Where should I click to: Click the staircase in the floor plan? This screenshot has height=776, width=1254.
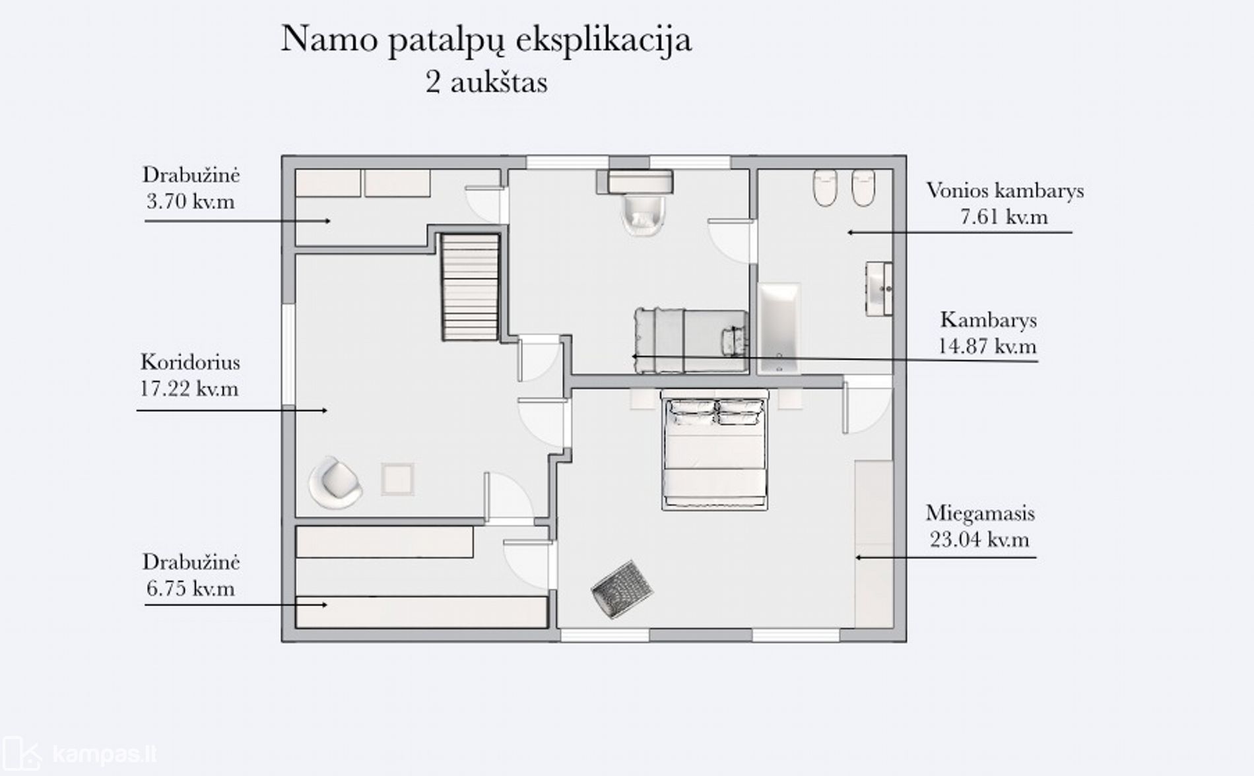coord(469,287)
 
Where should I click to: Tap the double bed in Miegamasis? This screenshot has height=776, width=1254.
coord(715,449)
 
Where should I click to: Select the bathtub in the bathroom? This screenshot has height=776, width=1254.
coord(779,328)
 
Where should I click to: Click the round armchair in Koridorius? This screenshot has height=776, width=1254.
coord(335,482)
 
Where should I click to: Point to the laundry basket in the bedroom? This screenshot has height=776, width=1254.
coord(622,589)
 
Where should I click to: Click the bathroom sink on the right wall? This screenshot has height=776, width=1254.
coord(879,288)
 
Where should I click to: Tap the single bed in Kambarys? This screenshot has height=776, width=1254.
coord(691,340)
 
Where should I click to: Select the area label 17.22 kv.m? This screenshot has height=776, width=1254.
coord(189,389)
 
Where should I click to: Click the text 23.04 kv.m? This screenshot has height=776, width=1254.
coord(979,540)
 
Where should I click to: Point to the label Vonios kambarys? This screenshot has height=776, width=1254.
coord(1005,191)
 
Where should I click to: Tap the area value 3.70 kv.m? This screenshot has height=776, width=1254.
coord(191,201)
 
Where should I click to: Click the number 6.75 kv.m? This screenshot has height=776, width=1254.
coord(191,589)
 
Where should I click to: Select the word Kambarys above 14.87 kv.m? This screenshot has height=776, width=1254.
coord(989,320)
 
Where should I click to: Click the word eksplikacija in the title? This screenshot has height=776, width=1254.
coord(604,40)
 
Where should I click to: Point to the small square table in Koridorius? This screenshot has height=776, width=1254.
coord(398,479)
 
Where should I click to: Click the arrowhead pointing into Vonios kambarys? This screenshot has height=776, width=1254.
coord(851,232)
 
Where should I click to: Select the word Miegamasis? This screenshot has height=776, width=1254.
coord(980,513)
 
